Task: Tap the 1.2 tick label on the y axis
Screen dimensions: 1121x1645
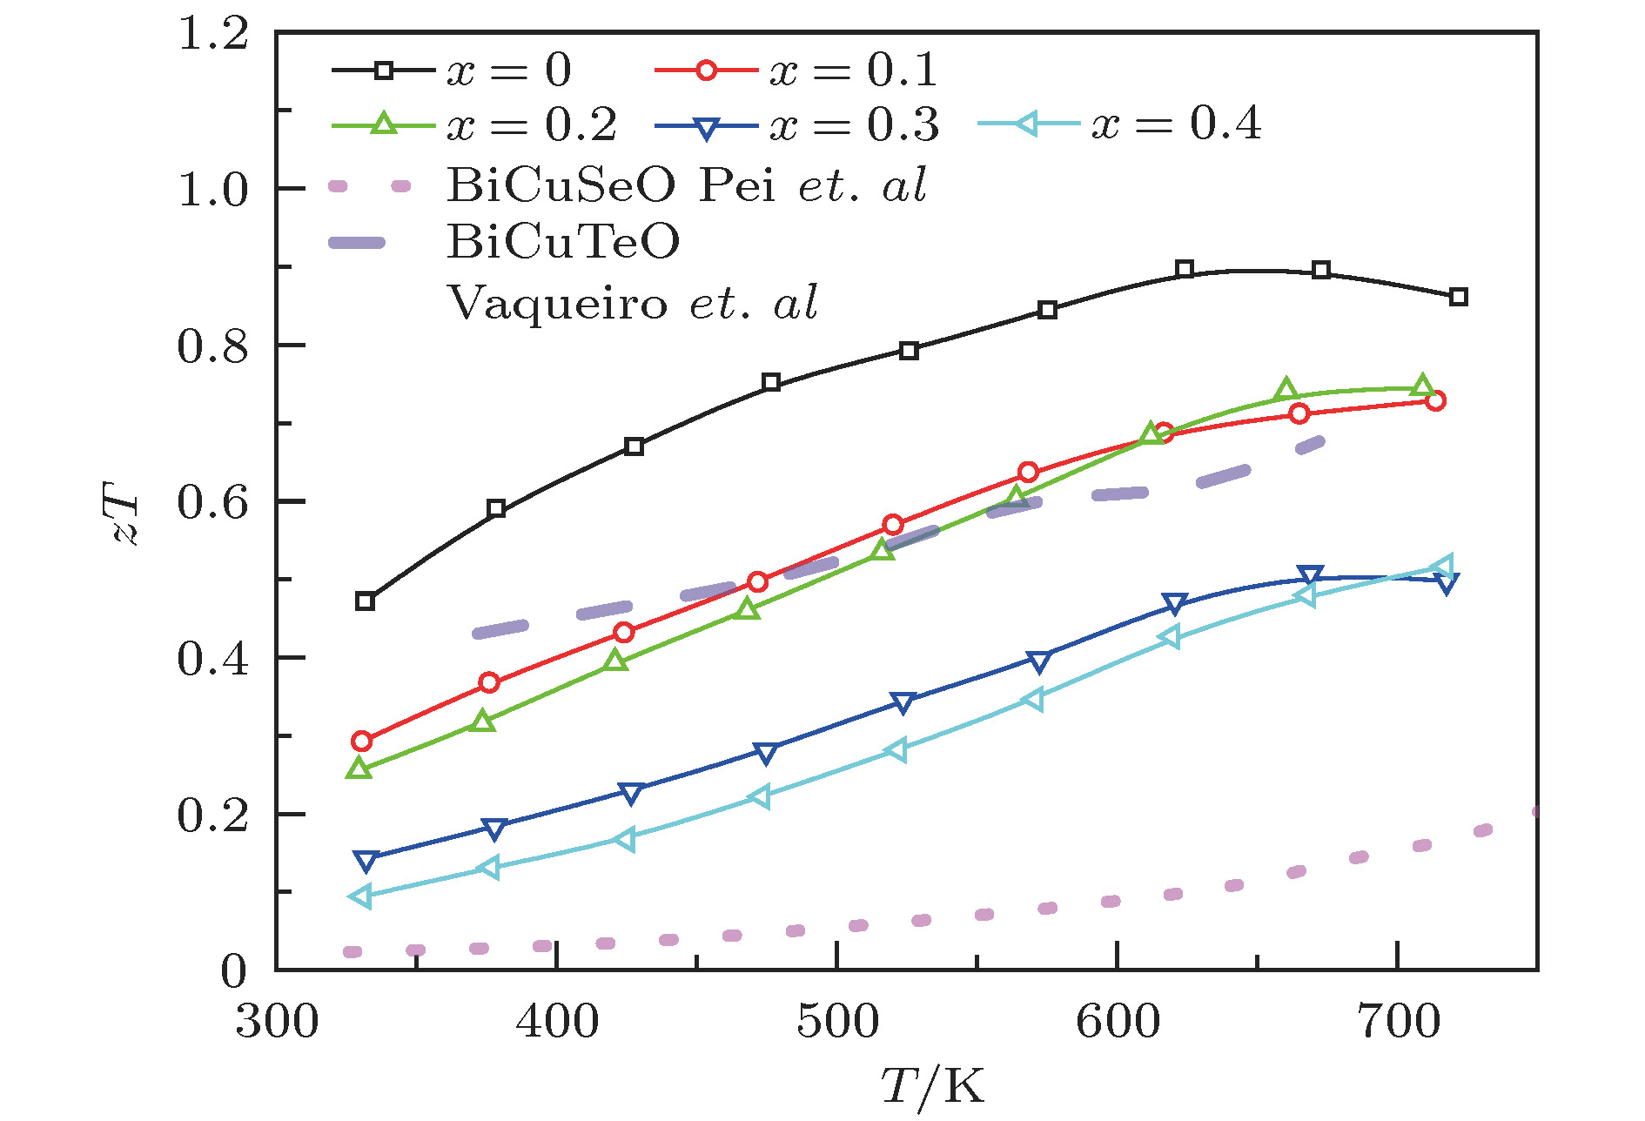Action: (212, 35)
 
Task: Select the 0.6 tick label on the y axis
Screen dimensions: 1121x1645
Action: (212, 502)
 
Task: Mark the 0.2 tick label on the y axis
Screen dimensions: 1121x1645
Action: (212, 816)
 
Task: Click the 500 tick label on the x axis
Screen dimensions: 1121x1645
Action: (837, 1022)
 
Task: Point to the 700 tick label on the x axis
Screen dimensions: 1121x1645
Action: (1398, 1022)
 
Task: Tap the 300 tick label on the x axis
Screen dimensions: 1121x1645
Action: (277, 1022)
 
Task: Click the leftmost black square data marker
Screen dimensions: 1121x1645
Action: (366, 601)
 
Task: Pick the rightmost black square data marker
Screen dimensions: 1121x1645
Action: (1459, 297)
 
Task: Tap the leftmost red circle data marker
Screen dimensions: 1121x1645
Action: (362, 742)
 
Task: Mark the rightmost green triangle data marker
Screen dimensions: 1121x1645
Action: (1422, 386)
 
